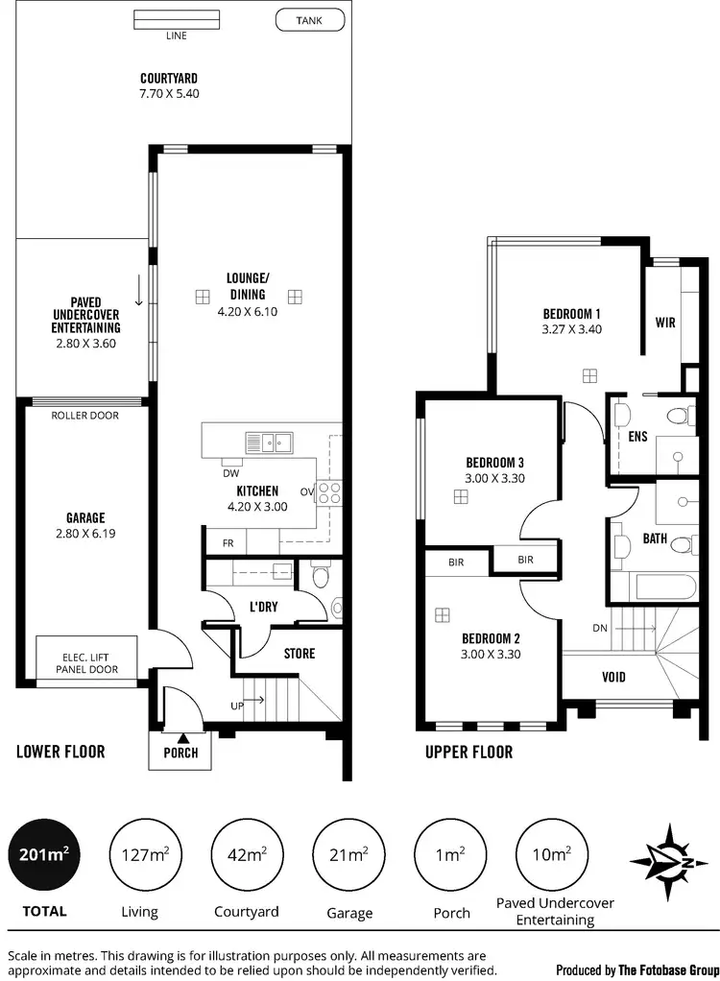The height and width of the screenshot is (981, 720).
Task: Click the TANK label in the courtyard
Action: point(309,19)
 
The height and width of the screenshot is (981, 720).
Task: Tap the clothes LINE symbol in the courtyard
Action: point(176,20)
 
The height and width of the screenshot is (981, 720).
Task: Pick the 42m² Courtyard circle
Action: point(247,852)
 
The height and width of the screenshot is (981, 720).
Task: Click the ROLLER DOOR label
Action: point(84,417)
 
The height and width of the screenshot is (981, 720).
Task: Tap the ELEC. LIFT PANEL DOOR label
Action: point(85,662)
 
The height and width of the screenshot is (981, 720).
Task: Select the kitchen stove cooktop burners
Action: point(329,492)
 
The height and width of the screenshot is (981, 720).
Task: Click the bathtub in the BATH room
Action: point(663,586)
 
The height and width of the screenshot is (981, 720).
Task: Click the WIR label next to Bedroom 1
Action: point(665,323)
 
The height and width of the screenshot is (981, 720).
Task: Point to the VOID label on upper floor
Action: point(613,677)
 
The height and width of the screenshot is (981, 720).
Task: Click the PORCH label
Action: point(180,753)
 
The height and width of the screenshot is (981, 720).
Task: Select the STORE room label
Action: point(299,654)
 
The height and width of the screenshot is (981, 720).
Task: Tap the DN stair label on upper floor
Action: point(600,628)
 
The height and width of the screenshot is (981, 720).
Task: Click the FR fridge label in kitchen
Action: point(228,542)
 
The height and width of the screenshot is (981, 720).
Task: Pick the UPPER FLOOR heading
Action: point(468,753)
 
